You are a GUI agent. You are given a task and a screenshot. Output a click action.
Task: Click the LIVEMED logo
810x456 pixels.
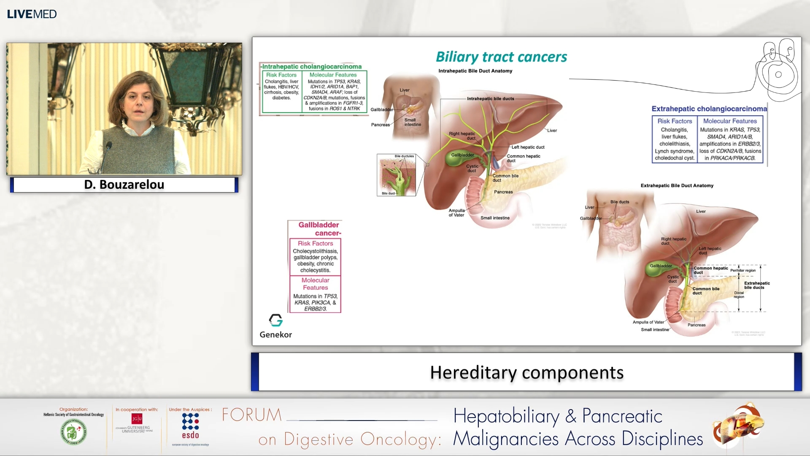[32, 14]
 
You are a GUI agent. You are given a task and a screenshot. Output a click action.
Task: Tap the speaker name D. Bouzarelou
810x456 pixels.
[124, 185]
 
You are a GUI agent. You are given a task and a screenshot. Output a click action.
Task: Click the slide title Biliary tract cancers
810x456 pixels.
[501, 57]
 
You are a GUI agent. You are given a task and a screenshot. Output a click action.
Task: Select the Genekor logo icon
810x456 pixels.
[276, 320]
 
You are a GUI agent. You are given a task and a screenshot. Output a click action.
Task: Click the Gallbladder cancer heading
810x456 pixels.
[319, 229]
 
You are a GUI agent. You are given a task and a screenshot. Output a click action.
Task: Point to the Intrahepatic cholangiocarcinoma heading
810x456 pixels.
[312, 66]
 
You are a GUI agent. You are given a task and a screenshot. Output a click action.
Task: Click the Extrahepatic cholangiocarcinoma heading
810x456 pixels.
[709, 109]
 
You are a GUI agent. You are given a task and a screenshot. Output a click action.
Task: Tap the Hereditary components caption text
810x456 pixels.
[526, 372]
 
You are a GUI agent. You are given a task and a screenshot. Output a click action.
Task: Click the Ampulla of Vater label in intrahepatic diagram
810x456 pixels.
[456, 213]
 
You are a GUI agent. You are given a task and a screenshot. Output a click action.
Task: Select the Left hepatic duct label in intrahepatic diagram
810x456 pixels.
[528, 147]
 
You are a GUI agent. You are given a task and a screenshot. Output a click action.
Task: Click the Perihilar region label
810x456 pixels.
[743, 270]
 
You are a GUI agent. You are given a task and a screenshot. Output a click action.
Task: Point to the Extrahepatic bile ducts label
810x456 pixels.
[757, 285]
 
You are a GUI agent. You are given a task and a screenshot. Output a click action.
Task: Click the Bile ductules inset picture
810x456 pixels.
[396, 175]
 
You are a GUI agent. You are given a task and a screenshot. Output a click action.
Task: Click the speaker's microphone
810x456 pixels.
[108, 146]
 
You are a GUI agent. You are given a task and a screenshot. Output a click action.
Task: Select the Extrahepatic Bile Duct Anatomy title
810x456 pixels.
[677, 185]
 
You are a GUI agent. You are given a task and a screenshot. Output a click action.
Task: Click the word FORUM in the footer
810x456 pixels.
[252, 415]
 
